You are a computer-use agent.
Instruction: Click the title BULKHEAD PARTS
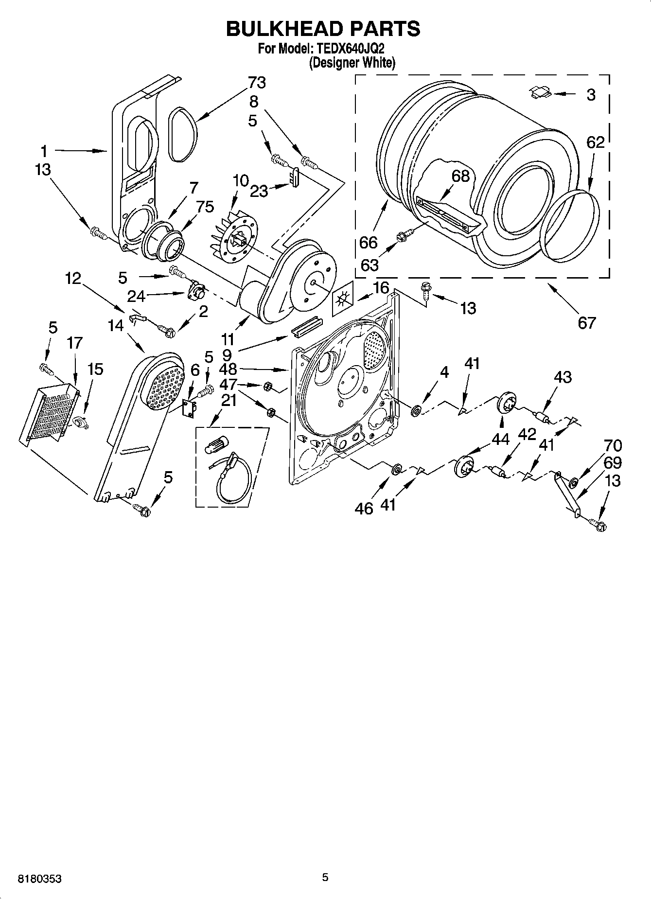pos(323,29)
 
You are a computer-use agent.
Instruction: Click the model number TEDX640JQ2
pos(349,49)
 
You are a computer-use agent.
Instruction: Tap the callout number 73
pos(257,83)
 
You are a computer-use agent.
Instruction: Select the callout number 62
pos(595,142)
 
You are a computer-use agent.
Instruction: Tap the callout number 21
pos(229,401)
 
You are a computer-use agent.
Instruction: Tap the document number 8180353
pos(39,879)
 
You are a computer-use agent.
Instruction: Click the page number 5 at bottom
pos(325,877)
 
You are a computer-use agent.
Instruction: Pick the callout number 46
pos(364,508)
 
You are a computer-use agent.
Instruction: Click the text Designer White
pos(352,63)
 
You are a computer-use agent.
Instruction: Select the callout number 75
pos(205,207)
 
